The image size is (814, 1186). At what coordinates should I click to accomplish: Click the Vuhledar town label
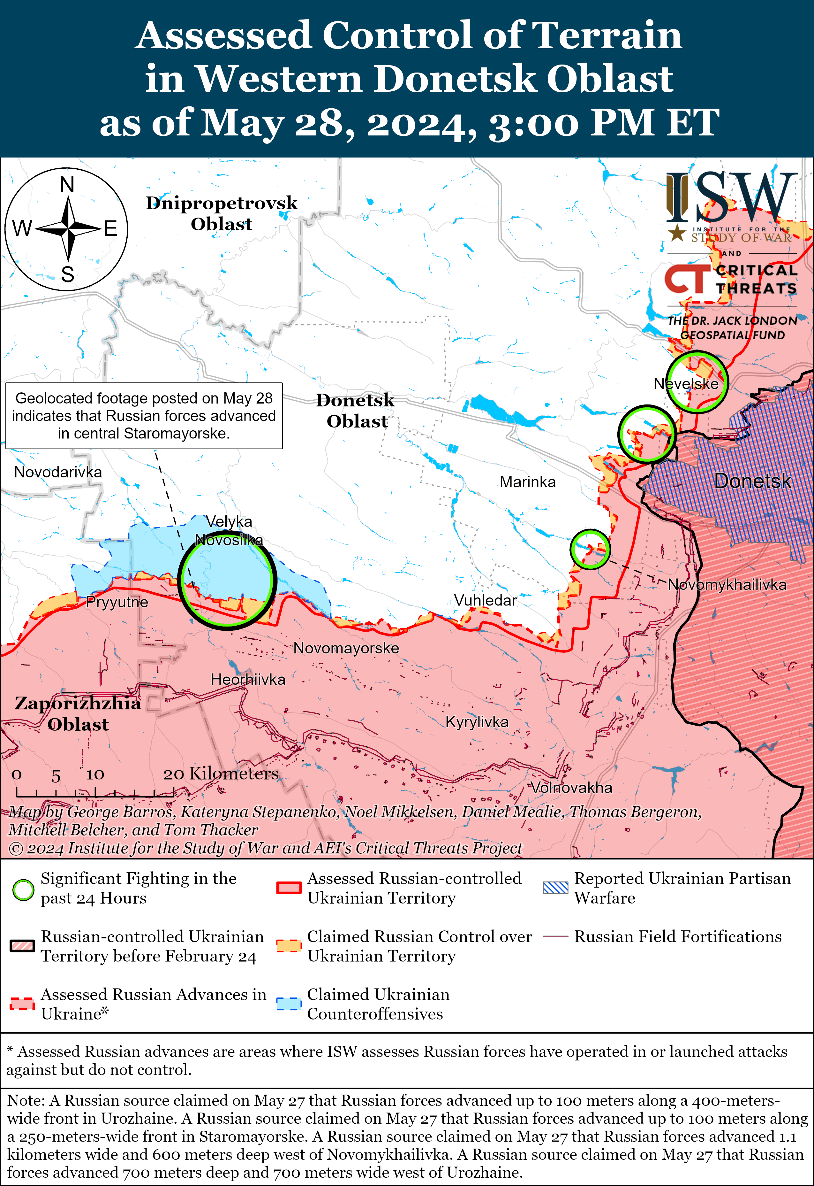(x=485, y=600)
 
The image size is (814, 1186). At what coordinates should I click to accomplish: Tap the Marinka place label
(x=527, y=482)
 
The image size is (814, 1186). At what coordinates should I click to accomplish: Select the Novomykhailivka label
(x=727, y=585)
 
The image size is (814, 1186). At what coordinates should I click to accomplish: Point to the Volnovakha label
(x=571, y=788)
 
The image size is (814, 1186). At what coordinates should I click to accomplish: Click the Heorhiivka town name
(x=248, y=679)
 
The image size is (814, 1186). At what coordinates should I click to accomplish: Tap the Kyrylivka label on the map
(x=477, y=722)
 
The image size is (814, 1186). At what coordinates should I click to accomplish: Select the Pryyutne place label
(x=117, y=602)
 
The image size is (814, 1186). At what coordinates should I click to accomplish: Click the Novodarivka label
(x=58, y=472)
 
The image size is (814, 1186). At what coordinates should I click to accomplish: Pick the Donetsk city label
(x=752, y=481)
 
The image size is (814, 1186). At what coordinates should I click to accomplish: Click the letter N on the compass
(x=67, y=185)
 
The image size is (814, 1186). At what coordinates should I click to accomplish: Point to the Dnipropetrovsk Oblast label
(x=221, y=213)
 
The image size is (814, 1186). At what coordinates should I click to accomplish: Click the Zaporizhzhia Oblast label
(x=78, y=713)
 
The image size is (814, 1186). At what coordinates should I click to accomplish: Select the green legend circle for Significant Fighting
(x=23, y=890)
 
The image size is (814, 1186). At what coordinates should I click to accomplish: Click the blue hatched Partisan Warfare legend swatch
(x=555, y=888)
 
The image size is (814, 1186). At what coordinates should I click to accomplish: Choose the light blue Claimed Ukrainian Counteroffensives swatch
(x=289, y=1003)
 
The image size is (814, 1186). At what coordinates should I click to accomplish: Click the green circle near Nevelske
(x=697, y=382)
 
